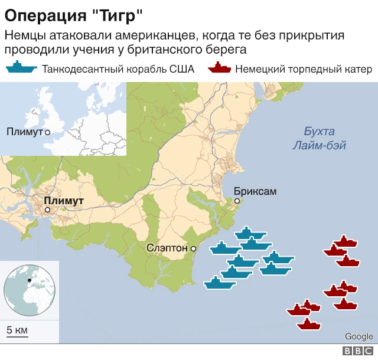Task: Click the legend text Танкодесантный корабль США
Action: pos(118,69)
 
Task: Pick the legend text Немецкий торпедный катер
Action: pos(304,69)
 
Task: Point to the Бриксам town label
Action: pos(255,191)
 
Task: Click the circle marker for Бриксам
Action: pos(237,201)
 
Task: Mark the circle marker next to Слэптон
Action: pos(193,249)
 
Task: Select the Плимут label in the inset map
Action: pos(24,132)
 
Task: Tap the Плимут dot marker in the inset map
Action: pos(47,132)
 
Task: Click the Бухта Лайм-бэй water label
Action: pos(319,138)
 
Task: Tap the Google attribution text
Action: pos(359,336)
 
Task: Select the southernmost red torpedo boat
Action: pos(308,324)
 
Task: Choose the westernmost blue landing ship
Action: pos(220,284)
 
